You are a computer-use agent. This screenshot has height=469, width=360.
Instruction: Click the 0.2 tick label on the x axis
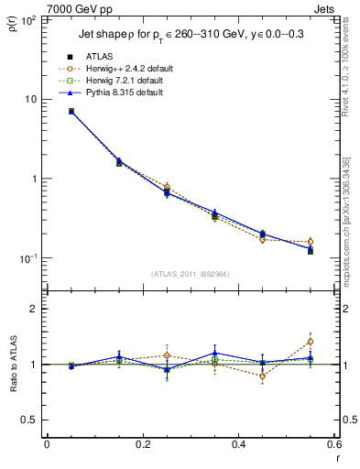point(143,444)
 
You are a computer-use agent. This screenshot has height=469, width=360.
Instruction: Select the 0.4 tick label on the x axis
point(239,444)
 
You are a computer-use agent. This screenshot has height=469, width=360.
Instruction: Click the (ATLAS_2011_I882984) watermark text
point(190,274)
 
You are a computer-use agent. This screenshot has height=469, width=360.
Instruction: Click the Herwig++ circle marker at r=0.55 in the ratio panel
point(311,342)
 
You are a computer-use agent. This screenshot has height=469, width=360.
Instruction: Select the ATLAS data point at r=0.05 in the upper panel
point(71,112)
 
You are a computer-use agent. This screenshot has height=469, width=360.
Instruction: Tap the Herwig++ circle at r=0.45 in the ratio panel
point(263,376)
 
